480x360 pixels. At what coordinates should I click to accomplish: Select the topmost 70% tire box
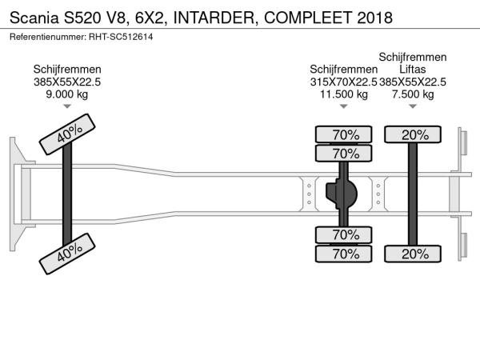[345, 134]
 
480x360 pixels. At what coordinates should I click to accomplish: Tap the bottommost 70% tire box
[345, 254]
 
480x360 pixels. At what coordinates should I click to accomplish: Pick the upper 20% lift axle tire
[414, 134]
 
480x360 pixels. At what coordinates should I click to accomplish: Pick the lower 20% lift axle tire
[414, 254]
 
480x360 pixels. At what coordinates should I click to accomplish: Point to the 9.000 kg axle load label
[67, 94]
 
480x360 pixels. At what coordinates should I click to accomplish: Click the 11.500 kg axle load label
[344, 94]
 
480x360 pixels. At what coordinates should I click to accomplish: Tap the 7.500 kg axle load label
[413, 94]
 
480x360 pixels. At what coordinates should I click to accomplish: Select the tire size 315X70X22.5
[343, 82]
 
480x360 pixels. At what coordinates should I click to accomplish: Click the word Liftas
[413, 70]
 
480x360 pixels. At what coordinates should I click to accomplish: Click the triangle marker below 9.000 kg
[67, 106]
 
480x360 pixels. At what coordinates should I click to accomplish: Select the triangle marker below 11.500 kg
[344, 106]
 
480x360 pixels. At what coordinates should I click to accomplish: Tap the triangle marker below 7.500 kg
[413, 106]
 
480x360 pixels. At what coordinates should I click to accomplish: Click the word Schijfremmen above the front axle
[67, 70]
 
